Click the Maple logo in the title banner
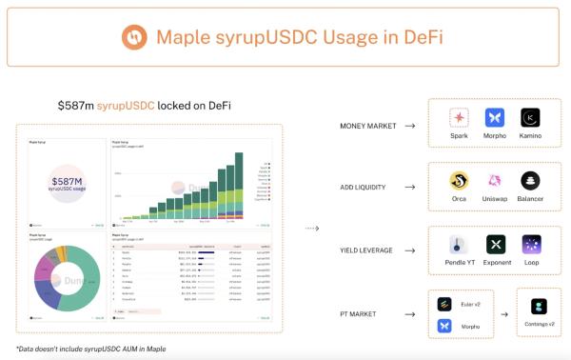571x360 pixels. (x=134, y=38)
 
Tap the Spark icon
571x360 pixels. (x=459, y=117)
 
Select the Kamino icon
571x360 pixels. (x=530, y=117)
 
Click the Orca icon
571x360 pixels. (x=459, y=180)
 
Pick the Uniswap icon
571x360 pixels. (x=494, y=180)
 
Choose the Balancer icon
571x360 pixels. (x=530, y=180)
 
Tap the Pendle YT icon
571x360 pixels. (x=459, y=244)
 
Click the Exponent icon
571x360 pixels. (x=495, y=244)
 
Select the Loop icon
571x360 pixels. (x=531, y=244)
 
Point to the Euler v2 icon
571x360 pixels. (x=443, y=304)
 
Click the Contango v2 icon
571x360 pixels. (x=540, y=306)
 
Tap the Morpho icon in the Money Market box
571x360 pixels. (x=494, y=117)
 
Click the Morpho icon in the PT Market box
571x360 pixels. (x=443, y=326)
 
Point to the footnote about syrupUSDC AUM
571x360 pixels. (x=90, y=349)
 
